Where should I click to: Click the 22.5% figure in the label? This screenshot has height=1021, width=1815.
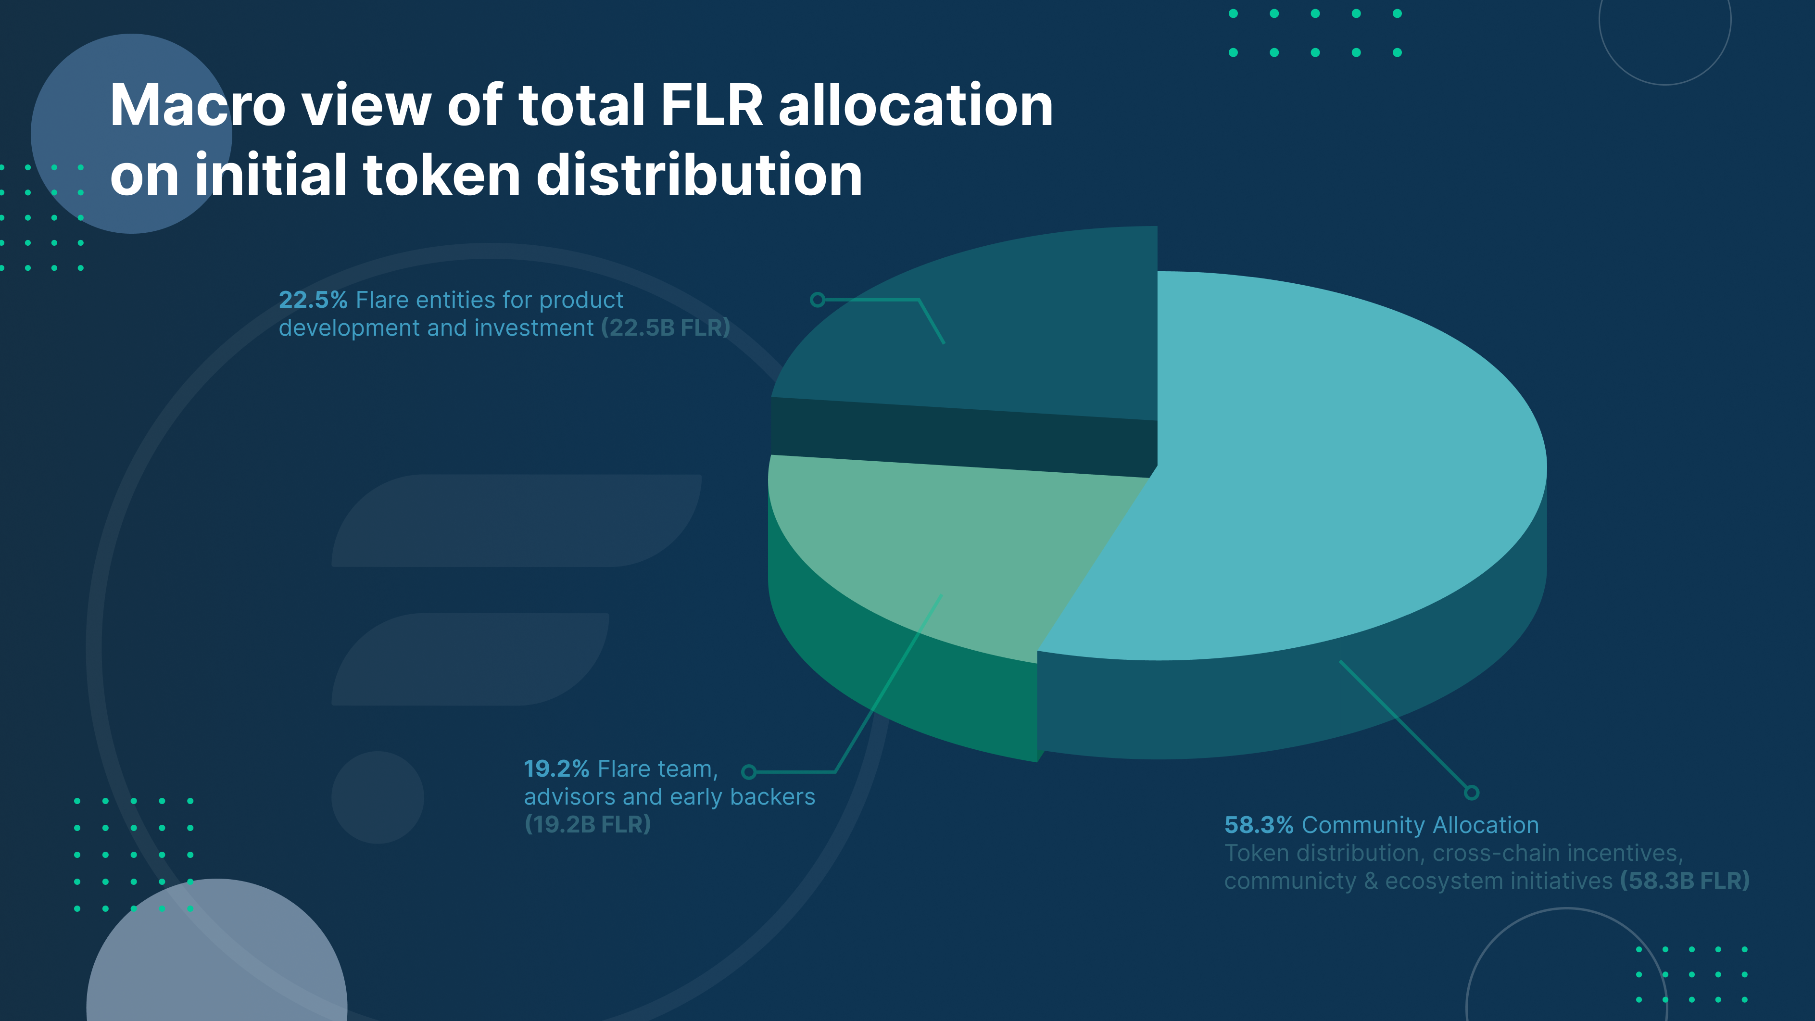(x=313, y=300)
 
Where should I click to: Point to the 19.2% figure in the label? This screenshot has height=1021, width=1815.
(x=556, y=769)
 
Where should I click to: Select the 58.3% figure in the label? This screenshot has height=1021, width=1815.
(x=1259, y=825)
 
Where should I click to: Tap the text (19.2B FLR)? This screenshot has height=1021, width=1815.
(x=588, y=824)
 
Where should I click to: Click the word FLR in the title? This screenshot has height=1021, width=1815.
(x=712, y=106)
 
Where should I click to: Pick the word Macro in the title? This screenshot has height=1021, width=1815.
(x=197, y=106)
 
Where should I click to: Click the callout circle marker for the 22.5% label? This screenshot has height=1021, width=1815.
(x=817, y=300)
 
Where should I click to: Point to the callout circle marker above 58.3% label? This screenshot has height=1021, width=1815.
(x=1471, y=793)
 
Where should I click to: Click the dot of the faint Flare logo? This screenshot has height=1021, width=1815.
(x=378, y=798)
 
